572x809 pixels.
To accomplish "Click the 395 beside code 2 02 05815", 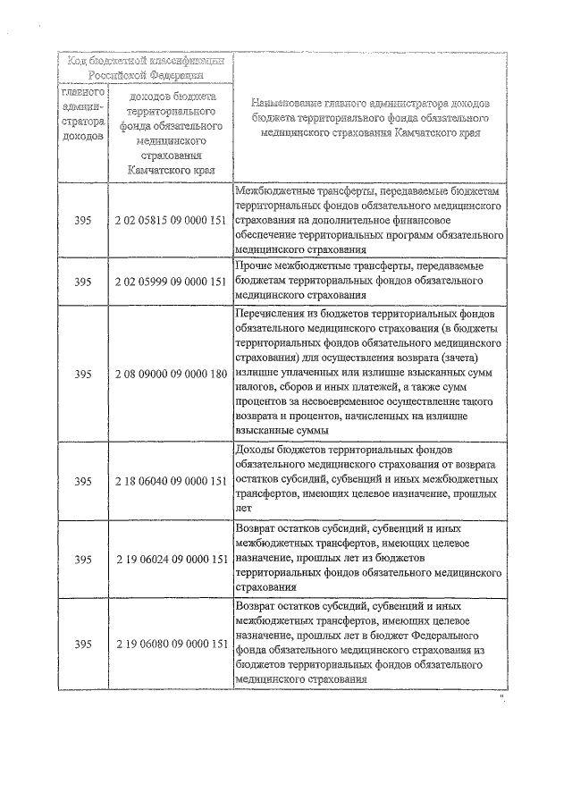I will point(83,219).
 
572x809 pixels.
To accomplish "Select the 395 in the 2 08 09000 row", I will point(83,373).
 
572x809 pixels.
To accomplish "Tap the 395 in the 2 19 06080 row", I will point(83,645).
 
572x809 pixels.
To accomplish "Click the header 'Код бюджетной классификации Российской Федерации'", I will point(145,68).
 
